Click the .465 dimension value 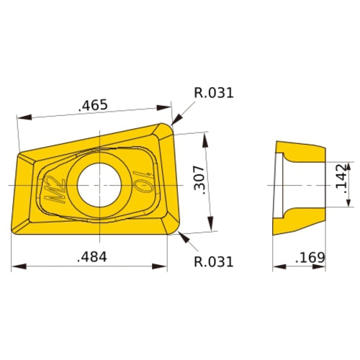pyautogui.click(x=93, y=105)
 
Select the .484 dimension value pyautogui.click(x=91, y=257)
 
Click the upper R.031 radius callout pyautogui.click(x=214, y=93)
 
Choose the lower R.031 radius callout pyautogui.click(x=214, y=261)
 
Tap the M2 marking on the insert pyautogui.click(x=55, y=189)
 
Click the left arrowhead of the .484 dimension pyautogui.click(x=16, y=267)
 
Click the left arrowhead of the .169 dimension pyautogui.click(x=276, y=267)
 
